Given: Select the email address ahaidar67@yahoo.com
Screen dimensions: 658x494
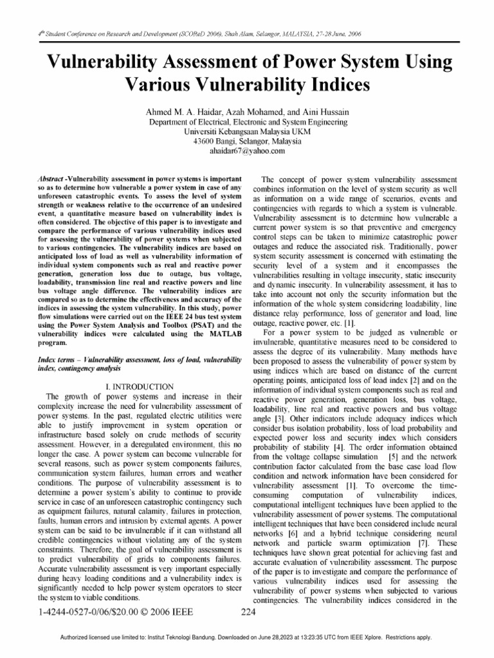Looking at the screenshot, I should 248,151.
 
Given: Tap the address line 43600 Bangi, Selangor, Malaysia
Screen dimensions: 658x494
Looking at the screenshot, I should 248,141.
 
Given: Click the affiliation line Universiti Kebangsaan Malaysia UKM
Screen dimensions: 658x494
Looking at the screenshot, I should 248,131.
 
